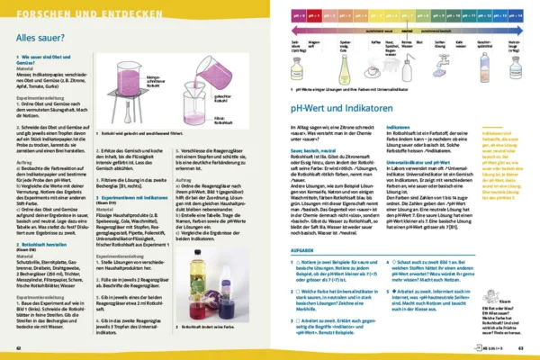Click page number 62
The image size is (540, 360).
pyautogui.click(x=18, y=346)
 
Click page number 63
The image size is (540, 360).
pyautogui.click(x=522, y=346)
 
